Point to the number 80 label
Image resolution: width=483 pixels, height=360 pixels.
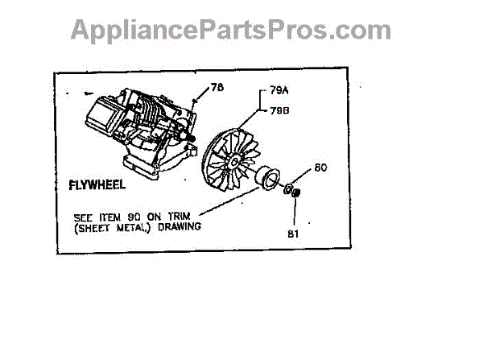(x=319, y=168)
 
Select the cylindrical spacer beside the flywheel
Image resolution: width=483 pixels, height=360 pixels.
(x=264, y=176)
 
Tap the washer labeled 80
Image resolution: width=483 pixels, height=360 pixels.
(x=287, y=188)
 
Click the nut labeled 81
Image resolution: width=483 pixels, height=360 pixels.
(x=295, y=193)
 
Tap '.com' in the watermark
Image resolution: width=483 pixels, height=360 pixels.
(x=363, y=30)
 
